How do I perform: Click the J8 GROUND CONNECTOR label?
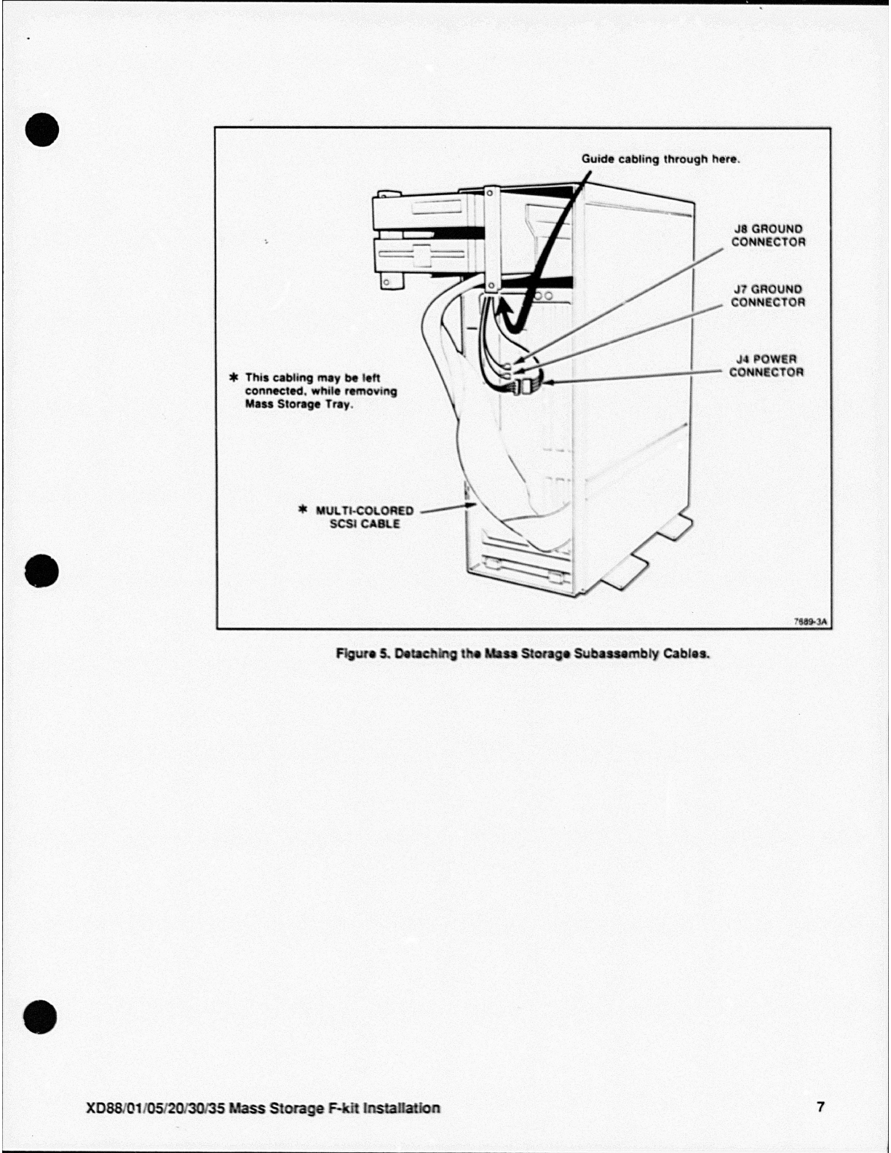[x=768, y=236]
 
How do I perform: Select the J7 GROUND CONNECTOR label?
[x=768, y=296]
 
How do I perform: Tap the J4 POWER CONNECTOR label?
[x=767, y=366]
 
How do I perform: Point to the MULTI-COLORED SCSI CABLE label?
[x=364, y=518]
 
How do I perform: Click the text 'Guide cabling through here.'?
[x=660, y=159]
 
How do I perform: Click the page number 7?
[x=821, y=1107]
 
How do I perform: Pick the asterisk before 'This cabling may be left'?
[x=234, y=378]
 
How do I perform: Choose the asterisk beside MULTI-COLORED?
[x=304, y=510]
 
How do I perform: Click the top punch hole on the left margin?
[x=41, y=130]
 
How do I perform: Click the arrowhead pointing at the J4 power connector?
[x=544, y=381]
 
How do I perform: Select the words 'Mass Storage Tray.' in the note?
[x=299, y=405]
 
